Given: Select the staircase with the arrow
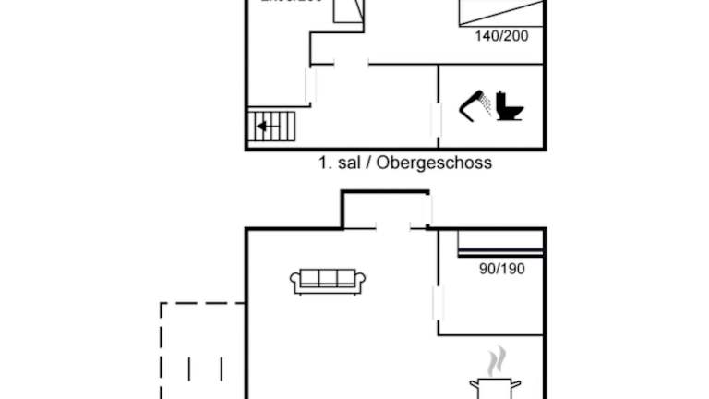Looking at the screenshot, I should [272, 126].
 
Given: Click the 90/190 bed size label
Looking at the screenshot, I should [502, 268].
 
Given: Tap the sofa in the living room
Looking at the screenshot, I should [328, 281].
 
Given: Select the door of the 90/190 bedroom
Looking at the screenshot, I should [438, 303].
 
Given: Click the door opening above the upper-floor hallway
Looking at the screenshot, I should [351, 64].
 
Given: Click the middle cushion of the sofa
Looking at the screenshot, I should [328, 278].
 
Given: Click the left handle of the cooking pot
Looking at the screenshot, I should [473, 382].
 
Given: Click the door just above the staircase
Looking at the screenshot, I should [309, 86].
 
